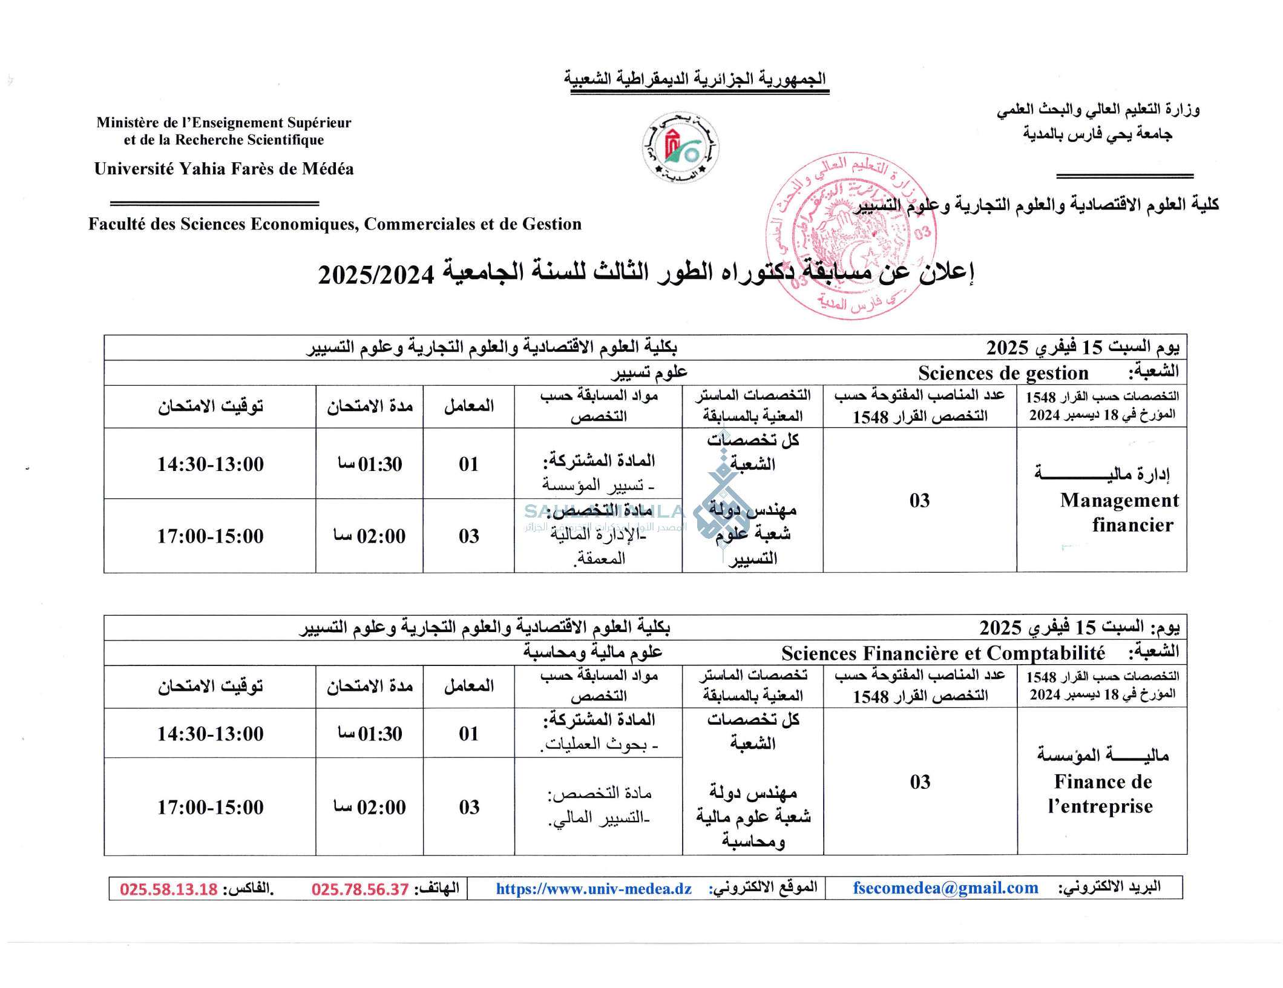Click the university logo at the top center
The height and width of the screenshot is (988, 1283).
680,147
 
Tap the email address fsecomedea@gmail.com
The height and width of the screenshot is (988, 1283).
945,888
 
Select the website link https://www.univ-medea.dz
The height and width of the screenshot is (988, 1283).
594,889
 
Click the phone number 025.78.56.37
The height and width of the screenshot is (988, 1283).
360,889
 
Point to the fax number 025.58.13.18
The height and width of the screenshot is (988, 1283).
168,889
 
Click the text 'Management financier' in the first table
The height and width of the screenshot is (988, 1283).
1120,512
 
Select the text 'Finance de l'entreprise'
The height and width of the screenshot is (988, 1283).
1101,794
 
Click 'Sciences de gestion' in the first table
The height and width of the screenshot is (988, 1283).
1003,373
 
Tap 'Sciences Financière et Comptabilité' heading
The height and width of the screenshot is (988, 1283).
943,653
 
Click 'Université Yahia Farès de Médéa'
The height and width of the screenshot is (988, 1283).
224,169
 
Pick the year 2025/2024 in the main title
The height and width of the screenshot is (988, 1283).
376,275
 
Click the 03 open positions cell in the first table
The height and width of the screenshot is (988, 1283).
919,501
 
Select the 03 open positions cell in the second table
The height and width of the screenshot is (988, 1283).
920,782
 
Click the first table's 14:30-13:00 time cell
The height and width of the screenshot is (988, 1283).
211,464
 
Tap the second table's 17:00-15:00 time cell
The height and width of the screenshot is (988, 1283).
211,807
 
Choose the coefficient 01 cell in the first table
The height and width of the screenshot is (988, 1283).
468,464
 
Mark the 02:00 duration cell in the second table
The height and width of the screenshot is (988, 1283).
370,807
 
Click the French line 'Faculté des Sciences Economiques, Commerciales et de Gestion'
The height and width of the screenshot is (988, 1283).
335,224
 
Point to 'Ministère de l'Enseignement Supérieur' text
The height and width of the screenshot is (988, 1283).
224,123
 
